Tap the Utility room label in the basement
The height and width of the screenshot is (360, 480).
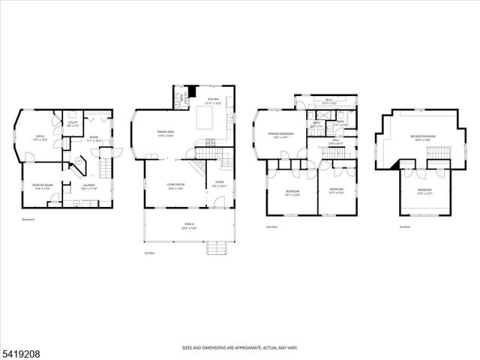(72, 124)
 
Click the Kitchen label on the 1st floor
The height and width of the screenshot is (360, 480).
(213, 100)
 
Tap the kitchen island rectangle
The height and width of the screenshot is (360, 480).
(207, 119)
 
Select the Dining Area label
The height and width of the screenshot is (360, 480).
(166, 134)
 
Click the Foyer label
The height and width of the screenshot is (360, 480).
(220, 183)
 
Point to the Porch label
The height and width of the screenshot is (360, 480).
(188, 226)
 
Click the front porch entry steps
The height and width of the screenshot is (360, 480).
(217, 248)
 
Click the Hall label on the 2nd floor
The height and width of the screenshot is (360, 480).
(335, 141)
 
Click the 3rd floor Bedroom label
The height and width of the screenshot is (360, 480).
(424, 192)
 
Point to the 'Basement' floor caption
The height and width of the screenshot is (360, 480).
(28, 220)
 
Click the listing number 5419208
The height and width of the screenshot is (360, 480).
(22, 349)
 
